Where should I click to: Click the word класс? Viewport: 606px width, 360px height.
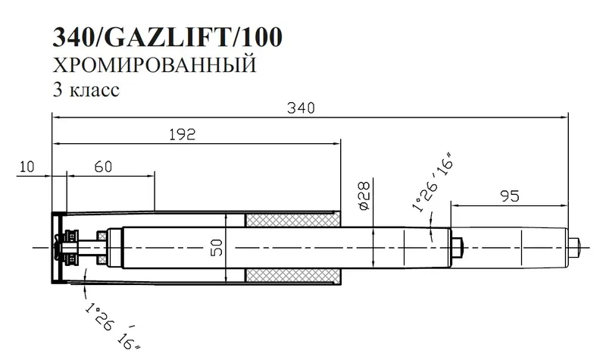coord(93,89)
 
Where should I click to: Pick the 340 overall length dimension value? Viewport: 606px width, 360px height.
coord(309,108)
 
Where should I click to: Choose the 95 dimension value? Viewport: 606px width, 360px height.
coord(510,196)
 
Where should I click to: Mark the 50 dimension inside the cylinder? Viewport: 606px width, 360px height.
coord(217,249)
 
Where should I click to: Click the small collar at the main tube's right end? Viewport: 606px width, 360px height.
coord(457,246)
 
